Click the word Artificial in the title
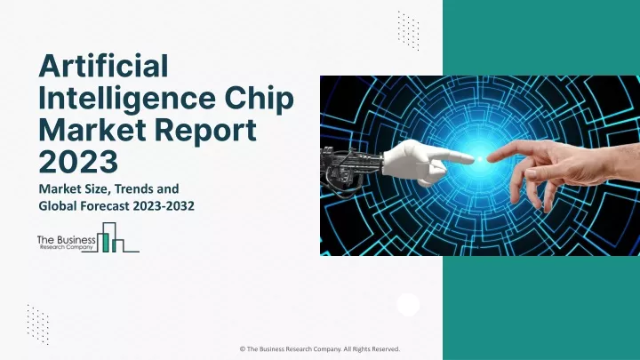pos(103,66)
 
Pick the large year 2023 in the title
pos(78,161)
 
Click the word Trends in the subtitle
pos(137,189)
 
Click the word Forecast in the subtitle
pos(105,206)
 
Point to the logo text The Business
pos(66,240)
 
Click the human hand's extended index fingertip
pos(491,158)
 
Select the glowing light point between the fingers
pos(481,158)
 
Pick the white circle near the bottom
pos(408,305)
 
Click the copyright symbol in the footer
pos(242,349)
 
